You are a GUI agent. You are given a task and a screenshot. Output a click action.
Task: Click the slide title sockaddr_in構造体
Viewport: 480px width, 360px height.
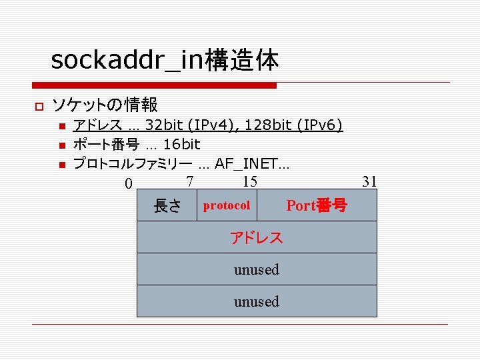point(165,61)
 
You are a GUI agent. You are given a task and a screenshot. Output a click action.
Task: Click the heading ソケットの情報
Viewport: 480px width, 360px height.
point(105,105)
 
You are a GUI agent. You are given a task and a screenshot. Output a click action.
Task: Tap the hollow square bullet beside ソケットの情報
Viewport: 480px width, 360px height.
point(39,106)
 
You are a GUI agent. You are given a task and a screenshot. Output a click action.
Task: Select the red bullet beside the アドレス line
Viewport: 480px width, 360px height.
point(61,125)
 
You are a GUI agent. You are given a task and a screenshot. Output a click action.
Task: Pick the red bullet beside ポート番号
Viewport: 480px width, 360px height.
point(61,145)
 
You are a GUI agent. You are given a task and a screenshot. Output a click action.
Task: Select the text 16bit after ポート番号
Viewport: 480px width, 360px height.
point(181,144)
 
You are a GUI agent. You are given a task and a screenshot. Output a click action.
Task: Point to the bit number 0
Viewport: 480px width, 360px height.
point(128,183)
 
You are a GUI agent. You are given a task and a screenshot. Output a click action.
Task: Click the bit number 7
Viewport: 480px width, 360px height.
point(190,181)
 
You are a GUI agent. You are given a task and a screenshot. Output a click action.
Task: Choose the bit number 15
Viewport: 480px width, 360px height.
point(249,181)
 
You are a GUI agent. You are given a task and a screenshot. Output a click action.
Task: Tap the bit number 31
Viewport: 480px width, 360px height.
point(369,181)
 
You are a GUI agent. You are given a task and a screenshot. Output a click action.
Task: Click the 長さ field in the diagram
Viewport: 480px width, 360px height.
point(167,206)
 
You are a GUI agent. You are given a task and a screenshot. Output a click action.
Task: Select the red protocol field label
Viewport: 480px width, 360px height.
point(227,205)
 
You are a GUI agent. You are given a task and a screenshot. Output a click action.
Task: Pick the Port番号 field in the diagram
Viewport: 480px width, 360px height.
point(317,205)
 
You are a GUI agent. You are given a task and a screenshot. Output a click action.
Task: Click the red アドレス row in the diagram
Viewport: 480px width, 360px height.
point(257,237)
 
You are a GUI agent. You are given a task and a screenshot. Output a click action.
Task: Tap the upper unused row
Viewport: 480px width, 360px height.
point(257,269)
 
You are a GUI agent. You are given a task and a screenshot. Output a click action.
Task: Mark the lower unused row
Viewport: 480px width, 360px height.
point(257,301)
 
